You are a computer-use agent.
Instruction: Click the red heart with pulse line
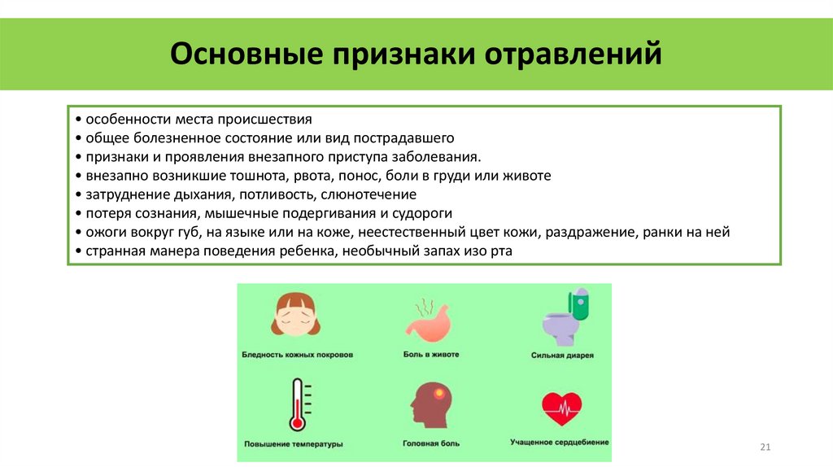tap(561, 408)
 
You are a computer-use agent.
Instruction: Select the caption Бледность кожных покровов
tap(297, 355)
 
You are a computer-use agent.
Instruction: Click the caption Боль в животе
tap(431, 355)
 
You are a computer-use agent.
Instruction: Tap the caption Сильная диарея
tap(562, 356)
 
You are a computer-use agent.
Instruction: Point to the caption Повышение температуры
tap(294, 444)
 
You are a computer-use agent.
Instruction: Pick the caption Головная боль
tap(431, 443)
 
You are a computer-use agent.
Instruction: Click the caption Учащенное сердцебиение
tap(560, 443)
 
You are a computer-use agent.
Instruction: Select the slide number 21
tap(764, 447)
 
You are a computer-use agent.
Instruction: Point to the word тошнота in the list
tap(266, 175)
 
